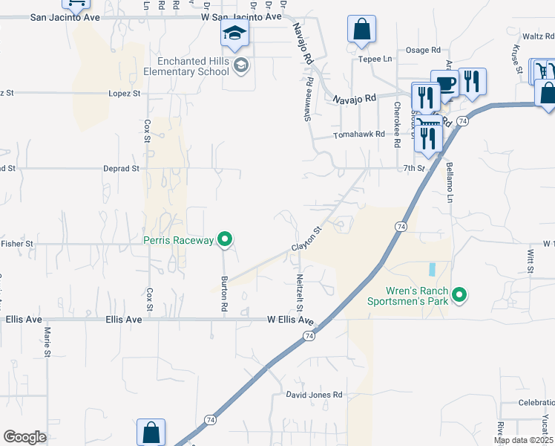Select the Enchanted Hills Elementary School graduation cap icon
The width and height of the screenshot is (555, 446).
[234, 33]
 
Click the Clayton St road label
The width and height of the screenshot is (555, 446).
[306, 239]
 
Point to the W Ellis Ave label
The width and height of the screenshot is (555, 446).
[291, 320]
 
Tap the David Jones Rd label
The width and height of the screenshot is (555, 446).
[315, 395]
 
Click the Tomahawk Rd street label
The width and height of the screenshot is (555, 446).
[359, 135]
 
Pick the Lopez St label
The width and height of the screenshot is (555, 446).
[125, 94]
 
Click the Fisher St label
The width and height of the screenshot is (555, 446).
[18, 243]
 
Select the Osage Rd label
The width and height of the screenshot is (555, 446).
[423, 50]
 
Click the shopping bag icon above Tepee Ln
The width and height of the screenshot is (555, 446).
[361, 30]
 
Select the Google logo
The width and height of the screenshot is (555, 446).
[24, 437]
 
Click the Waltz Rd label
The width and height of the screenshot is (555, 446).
[538, 36]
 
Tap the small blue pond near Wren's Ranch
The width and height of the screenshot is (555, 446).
[432, 268]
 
